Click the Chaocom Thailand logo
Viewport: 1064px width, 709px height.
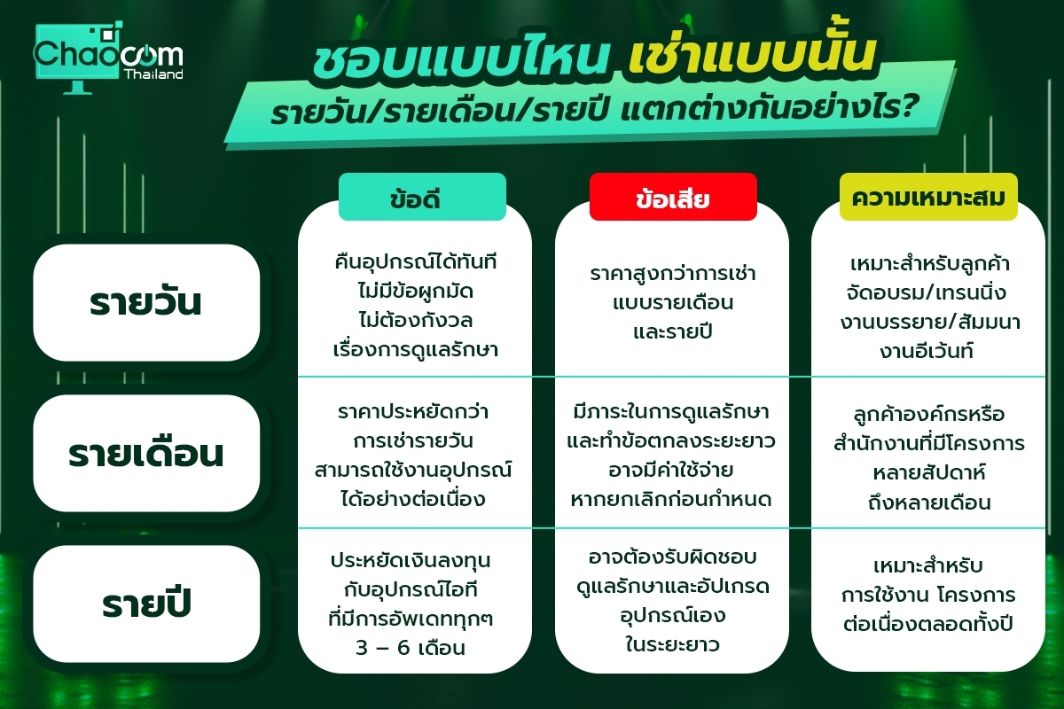pyautogui.click(x=108, y=57)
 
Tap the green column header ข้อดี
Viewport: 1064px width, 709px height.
pyautogui.click(x=422, y=197)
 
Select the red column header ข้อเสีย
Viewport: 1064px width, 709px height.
pyautogui.click(x=673, y=197)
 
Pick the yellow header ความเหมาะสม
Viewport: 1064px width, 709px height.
pyautogui.click(x=928, y=197)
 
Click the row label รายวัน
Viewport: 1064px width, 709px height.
pyautogui.click(x=146, y=302)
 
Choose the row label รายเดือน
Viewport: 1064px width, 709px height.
pyautogui.click(x=146, y=453)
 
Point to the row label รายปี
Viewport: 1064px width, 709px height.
pyautogui.click(x=146, y=604)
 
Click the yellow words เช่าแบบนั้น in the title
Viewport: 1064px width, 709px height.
pyautogui.click(x=752, y=55)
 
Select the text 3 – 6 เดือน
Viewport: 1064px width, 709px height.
pyautogui.click(x=411, y=648)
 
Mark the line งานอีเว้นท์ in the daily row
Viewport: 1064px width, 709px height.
pyautogui.click(x=927, y=351)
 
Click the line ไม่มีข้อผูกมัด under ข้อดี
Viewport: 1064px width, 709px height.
pyautogui.click(x=416, y=291)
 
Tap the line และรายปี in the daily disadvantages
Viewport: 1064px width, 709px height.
pyautogui.click(x=673, y=331)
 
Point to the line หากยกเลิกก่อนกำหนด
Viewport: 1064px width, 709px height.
pyautogui.click(x=670, y=500)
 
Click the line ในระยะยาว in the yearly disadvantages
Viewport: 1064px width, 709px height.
pyautogui.click(x=672, y=644)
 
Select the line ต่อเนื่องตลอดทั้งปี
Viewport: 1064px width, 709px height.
pyautogui.click(x=928, y=624)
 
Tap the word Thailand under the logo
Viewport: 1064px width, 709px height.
pyautogui.click(x=153, y=74)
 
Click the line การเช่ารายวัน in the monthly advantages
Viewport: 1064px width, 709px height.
pyautogui.click(x=413, y=440)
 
